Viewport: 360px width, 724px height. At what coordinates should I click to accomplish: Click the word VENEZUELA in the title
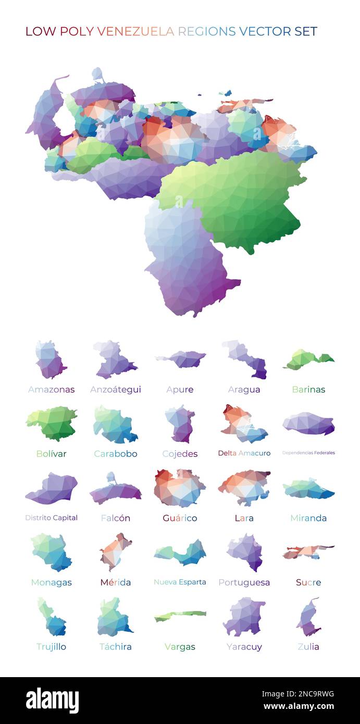coord(135,31)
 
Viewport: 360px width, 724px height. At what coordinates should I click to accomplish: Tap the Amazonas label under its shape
coord(51,390)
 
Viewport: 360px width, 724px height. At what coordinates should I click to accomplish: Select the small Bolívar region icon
coord(52,423)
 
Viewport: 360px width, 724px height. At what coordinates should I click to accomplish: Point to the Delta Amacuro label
coord(244,453)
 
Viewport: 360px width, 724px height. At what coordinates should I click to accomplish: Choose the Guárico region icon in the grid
coord(179,488)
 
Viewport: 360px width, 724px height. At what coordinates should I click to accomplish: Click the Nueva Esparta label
coord(180,582)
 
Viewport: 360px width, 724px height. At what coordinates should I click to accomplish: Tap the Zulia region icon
coord(308,617)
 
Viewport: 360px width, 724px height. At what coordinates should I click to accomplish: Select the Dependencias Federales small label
coord(308,453)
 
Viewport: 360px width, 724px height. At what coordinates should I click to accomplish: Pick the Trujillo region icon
coord(52,618)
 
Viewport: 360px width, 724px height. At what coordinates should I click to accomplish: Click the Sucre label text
coord(308,582)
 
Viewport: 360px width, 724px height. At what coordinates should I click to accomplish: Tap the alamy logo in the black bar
coord(52,700)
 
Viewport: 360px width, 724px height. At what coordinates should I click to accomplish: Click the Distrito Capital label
coord(51,518)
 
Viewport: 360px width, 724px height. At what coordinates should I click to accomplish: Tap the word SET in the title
coord(306,31)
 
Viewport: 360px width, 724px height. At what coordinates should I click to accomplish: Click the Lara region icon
coord(244,487)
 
